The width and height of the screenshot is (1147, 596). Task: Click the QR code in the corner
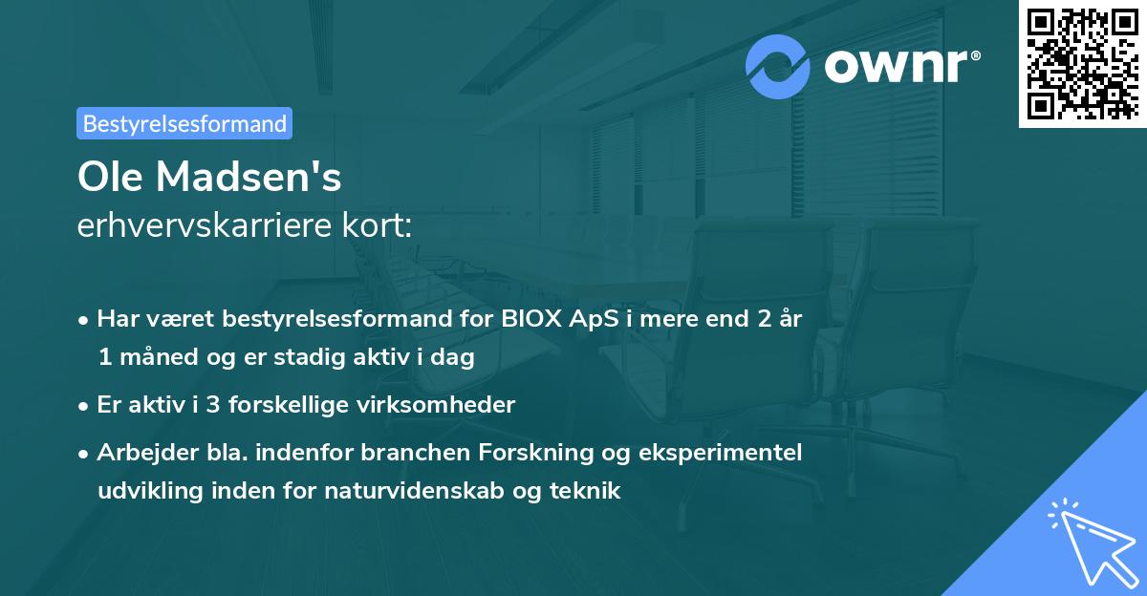click(1083, 63)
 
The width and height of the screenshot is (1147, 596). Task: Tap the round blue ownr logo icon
click(779, 67)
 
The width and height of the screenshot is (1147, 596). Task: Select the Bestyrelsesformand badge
click(184, 123)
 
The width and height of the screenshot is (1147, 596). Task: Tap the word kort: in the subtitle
click(379, 226)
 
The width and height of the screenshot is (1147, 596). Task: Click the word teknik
click(589, 492)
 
